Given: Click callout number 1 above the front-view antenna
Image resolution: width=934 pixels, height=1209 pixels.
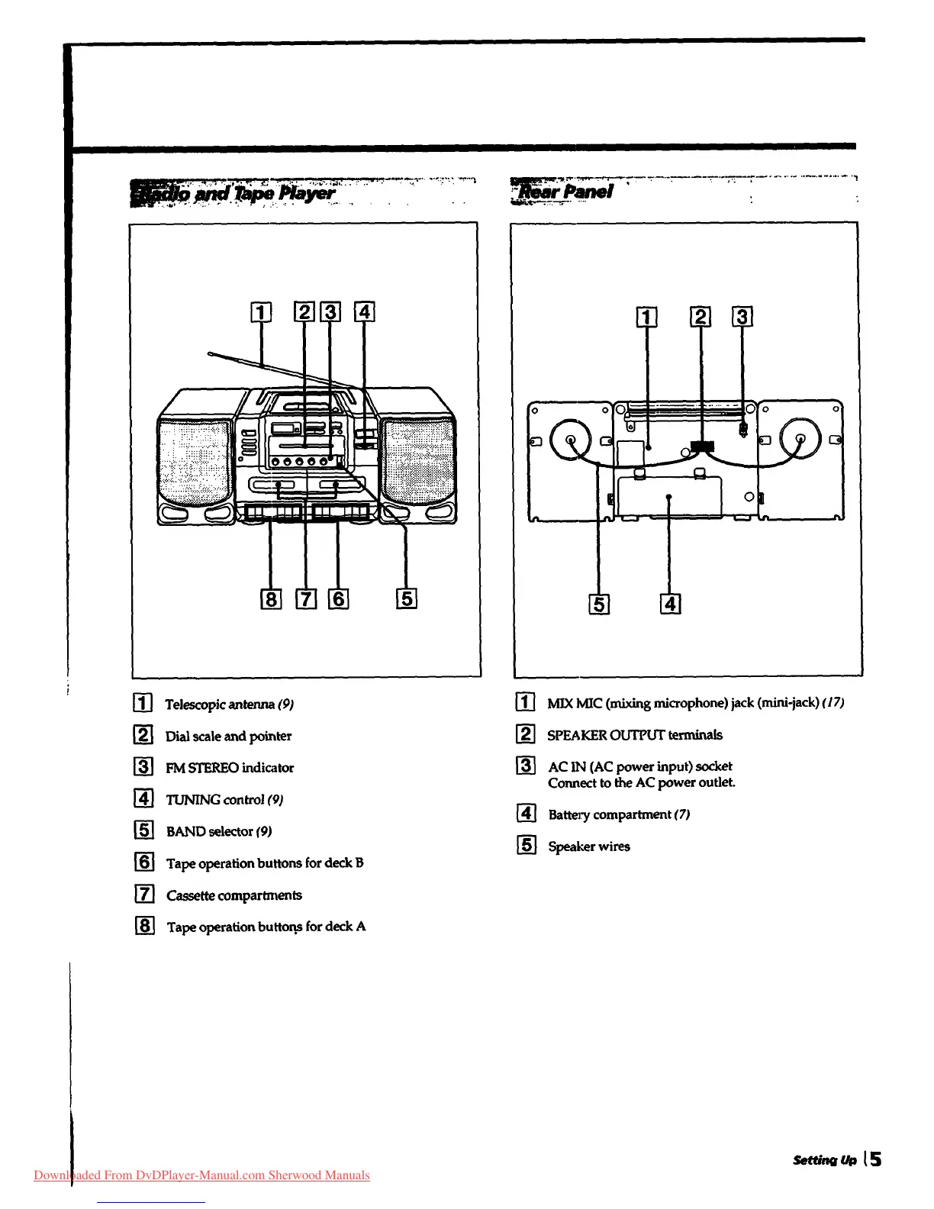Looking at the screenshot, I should tap(261, 312).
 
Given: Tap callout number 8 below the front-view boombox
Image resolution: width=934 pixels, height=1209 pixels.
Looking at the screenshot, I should tap(271, 598).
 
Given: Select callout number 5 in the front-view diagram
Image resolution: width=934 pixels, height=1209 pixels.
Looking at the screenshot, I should tap(407, 598).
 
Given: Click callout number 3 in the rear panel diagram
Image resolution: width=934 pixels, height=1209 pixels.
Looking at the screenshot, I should tap(742, 317).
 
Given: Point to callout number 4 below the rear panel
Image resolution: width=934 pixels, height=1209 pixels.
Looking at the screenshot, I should tap(670, 604).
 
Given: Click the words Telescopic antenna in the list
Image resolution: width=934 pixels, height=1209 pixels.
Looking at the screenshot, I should tap(220, 704).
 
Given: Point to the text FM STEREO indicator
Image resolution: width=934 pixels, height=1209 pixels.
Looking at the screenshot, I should tap(230, 768).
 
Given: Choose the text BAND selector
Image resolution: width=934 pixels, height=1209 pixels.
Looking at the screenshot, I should tap(210, 832).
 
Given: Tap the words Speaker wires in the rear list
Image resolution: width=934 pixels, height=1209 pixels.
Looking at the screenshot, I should tap(589, 846).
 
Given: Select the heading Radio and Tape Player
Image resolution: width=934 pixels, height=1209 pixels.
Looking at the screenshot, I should tap(233, 192).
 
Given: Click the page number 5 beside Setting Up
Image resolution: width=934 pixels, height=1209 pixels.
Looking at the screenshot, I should tap(874, 1159).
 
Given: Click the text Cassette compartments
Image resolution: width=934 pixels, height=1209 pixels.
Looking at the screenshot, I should tap(234, 895).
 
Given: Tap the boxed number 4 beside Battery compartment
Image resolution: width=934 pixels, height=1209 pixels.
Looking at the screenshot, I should tap(527, 814).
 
